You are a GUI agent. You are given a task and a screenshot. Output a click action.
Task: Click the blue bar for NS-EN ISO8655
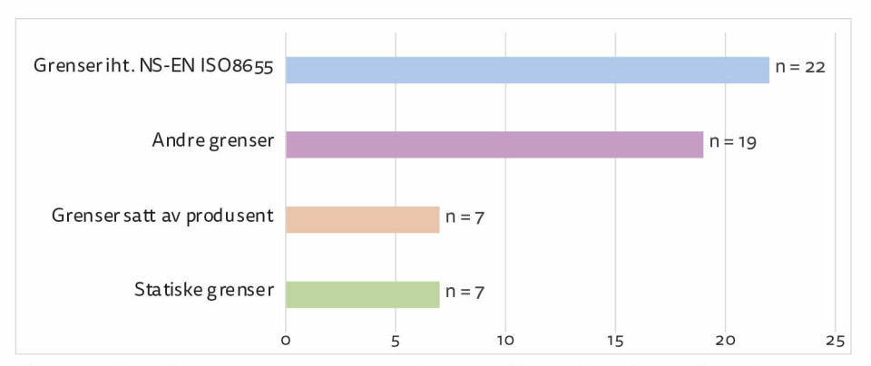click(x=526, y=70)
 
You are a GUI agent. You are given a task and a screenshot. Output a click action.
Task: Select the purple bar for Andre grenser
click(x=494, y=144)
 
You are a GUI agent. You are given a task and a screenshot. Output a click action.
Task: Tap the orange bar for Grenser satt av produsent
click(x=362, y=219)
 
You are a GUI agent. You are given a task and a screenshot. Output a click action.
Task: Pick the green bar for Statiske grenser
click(x=362, y=294)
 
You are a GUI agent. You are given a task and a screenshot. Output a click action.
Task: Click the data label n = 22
click(x=799, y=68)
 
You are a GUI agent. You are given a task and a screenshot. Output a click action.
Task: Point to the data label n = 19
click(x=733, y=142)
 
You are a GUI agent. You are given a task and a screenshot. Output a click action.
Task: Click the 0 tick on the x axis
click(x=286, y=341)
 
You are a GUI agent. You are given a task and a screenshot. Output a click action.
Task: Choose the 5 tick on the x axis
click(x=396, y=341)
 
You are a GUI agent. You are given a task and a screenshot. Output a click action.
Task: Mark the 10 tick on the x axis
click(x=505, y=341)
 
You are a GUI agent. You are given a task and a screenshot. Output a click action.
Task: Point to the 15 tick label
click(x=615, y=341)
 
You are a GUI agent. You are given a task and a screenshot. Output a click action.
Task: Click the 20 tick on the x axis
click(x=726, y=341)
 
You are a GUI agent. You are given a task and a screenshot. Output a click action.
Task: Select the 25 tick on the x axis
click(x=836, y=341)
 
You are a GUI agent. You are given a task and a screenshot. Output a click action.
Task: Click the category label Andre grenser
click(x=212, y=142)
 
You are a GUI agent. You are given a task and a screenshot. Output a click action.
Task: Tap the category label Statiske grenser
click(x=204, y=292)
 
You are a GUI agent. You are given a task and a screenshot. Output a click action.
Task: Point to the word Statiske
click(x=168, y=292)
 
